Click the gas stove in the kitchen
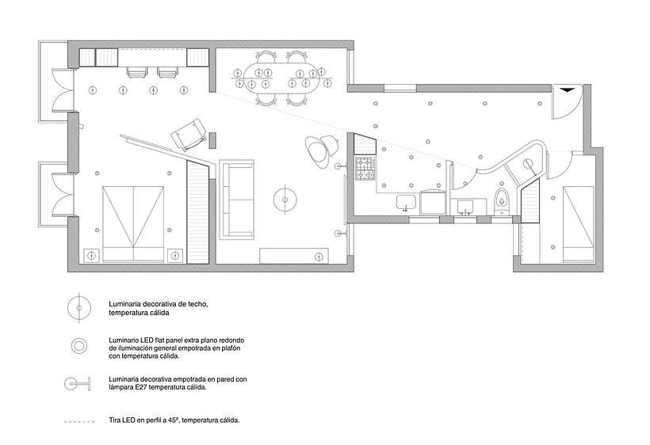tap(365, 169)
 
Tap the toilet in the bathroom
tap(502, 202)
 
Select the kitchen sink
tap(407, 203)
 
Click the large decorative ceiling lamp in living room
tap(285, 200)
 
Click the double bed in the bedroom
tap(133, 223)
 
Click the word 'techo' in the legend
tap(198, 304)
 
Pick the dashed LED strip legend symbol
tap(79, 422)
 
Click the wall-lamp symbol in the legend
tap(78, 384)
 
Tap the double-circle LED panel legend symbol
tap(78, 346)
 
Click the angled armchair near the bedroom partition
tap(189, 135)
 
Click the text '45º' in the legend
tap(173, 420)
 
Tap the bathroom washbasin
tap(467, 207)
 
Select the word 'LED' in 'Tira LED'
tap(128, 420)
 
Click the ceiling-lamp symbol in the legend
tap(78, 307)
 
